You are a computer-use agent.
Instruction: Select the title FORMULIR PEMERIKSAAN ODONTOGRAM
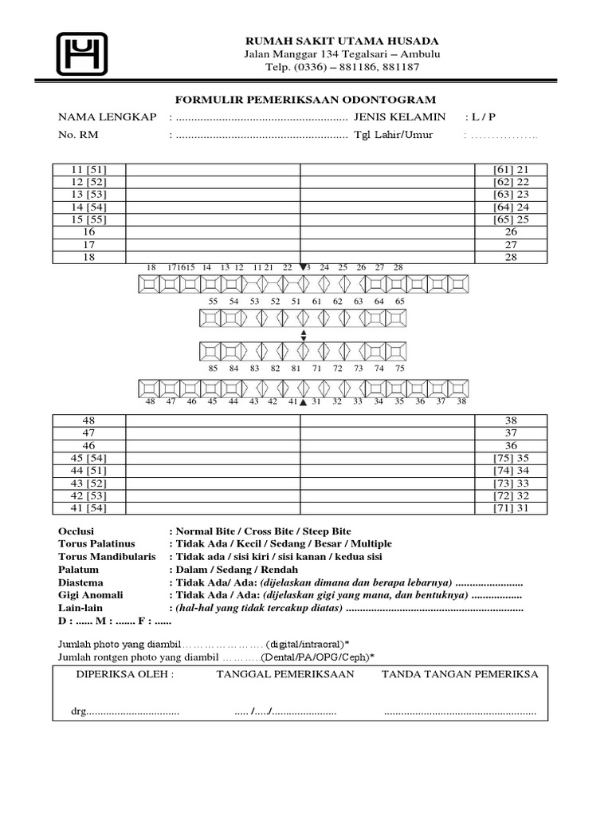tap(306, 100)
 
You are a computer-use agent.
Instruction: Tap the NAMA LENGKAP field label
tap(107, 117)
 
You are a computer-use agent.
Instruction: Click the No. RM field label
tap(78, 135)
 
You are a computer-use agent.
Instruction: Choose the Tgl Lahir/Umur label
tap(394, 135)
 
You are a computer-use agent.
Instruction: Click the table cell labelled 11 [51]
tap(88, 170)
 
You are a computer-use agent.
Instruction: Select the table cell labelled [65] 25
tap(511, 219)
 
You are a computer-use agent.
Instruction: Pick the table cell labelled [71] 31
tap(511, 507)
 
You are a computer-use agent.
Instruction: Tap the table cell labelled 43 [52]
tap(88, 483)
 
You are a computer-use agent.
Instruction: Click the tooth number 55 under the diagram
tap(213, 302)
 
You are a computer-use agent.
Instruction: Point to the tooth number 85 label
tap(213, 369)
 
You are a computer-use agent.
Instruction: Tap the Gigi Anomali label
tap(88, 596)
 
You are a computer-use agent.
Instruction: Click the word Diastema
tap(81, 582)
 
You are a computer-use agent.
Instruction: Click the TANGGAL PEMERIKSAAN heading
tap(285, 674)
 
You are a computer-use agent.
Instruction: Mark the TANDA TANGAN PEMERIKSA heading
tap(460, 674)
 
